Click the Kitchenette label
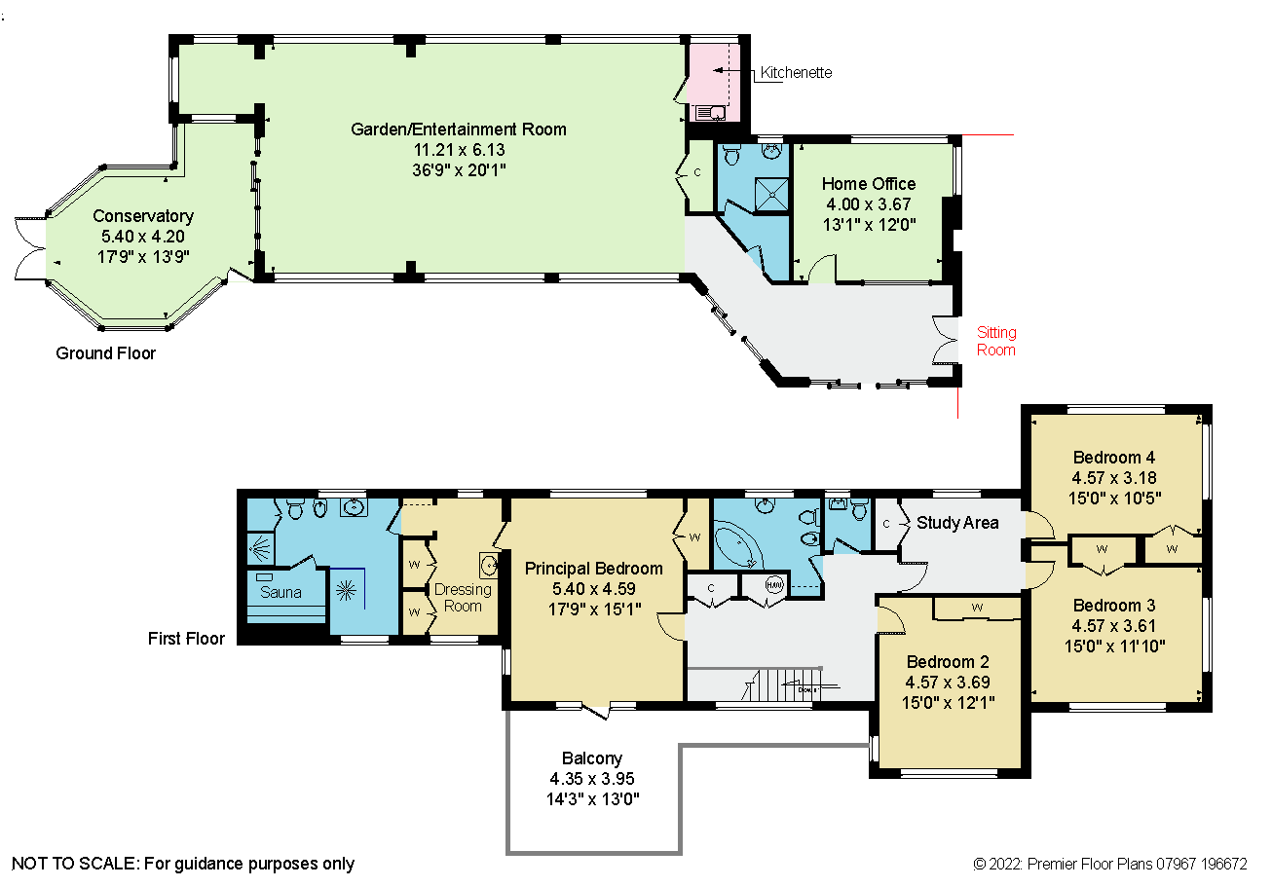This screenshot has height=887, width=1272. pyautogui.click(x=796, y=73)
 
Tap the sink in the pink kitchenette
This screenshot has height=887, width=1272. pyautogui.click(x=710, y=113)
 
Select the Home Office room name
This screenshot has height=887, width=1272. pyautogui.click(x=869, y=184)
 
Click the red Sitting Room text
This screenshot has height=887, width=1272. pyautogui.click(x=996, y=341)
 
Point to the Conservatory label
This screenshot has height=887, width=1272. pyautogui.click(x=143, y=215)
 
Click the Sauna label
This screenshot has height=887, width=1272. pyautogui.click(x=281, y=592)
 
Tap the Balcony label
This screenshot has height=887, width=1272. pyautogui.click(x=592, y=758)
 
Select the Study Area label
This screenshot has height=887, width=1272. pyautogui.click(x=957, y=523)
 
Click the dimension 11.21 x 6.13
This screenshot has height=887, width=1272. pyautogui.click(x=459, y=150)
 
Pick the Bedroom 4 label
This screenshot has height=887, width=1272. pyautogui.click(x=1114, y=458)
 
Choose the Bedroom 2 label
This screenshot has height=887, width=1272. pyautogui.click(x=948, y=662)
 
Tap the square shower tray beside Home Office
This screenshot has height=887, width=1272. pyautogui.click(x=771, y=195)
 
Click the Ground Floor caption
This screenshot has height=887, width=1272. pyautogui.click(x=105, y=353)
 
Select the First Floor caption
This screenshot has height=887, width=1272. pyautogui.click(x=186, y=639)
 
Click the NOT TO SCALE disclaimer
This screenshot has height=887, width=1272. pyautogui.click(x=183, y=864)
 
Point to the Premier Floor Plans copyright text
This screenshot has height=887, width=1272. pyautogui.click(x=1110, y=864)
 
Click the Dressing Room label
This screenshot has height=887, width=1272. pyautogui.click(x=463, y=598)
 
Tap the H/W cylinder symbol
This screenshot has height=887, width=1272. pyautogui.click(x=773, y=585)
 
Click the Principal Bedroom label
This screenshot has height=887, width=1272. pyautogui.click(x=593, y=568)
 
